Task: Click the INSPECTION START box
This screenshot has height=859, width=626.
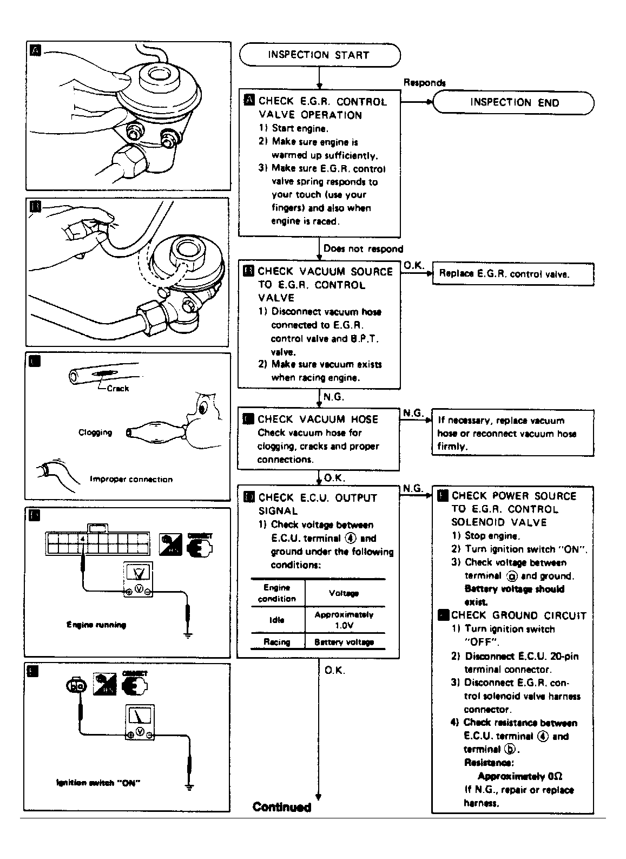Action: point(319,55)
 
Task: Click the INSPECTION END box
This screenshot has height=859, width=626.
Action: point(513,102)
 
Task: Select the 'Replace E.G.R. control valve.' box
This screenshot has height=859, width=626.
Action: point(512,274)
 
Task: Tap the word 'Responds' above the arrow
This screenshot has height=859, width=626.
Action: point(424,83)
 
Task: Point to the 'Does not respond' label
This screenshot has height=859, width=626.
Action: point(363,249)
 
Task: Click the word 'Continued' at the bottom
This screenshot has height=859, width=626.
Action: point(282,807)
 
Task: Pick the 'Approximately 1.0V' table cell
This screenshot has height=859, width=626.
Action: point(344,620)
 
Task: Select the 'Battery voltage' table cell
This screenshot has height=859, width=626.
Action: point(344,642)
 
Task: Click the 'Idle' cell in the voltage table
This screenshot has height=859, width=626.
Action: point(276,620)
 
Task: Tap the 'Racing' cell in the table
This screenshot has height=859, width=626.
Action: point(276,642)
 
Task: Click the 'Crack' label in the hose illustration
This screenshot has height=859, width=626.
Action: point(118,389)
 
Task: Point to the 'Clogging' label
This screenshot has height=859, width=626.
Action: point(95,432)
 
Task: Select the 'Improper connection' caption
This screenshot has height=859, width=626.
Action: point(131,479)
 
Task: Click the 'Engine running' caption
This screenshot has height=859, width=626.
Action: point(96,625)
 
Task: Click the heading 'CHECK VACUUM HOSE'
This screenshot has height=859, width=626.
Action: point(318,419)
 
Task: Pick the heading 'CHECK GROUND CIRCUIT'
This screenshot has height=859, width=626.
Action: point(518,615)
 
